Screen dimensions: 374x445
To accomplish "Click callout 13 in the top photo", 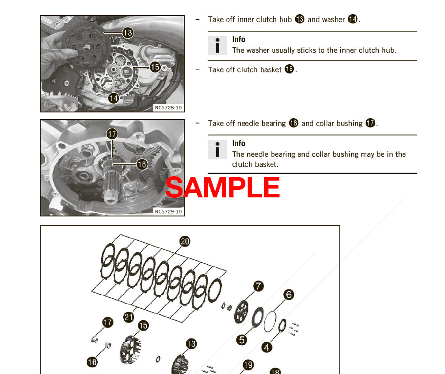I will pyautogui.click(x=127, y=32).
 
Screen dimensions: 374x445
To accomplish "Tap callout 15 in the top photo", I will pyautogui.click(x=155, y=67).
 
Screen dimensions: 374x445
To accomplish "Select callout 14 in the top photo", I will pyautogui.click(x=114, y=98).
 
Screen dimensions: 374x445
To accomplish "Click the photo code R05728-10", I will pyautogui.click(x=168, y=107).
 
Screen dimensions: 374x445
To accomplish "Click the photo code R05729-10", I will pyautogui.click(x=168, y=211).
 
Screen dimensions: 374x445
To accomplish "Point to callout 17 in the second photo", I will pyautogui.click(x=112, y=133).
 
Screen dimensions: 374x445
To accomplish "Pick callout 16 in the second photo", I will pyautogui.click(x=141, y=165).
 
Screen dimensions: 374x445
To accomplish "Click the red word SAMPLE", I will pyautogui.click(x=223, y=187).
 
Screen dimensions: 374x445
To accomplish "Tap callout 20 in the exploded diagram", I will pyautogui.click(x=185, y=241).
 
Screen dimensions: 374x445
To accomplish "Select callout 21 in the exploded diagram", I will pyautogui.click(x=129, y=317).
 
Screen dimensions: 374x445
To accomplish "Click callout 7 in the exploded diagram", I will pyautogui.click(x=259, y=286).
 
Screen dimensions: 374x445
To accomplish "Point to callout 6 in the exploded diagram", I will pyautogui.click(x=289, y=294).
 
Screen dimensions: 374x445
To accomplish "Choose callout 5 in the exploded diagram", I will pyautogui.click(x=241, y=339).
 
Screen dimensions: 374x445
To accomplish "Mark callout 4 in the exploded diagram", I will pyautogui.click(x=266, y=347).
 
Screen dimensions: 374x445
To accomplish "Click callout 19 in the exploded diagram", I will pyautogui.click(x=248, y=365).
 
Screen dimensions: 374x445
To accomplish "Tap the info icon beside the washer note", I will pyautogui.click(x=217, y=46).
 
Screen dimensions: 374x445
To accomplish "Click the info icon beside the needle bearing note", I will pyautogui.click(x=217, y=150).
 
